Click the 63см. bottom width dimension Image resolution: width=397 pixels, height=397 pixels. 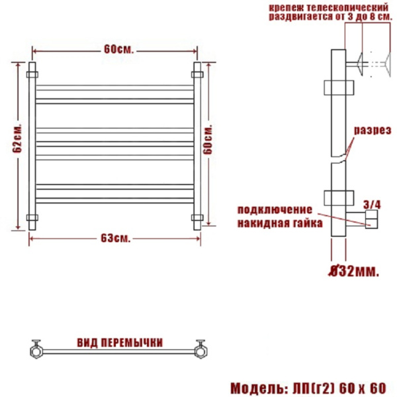[115, 238]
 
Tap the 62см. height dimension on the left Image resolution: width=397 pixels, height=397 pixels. [17, 138]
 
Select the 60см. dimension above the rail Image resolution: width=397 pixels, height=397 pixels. [118, 50]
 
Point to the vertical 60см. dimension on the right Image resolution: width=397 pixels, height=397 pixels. [208, 139]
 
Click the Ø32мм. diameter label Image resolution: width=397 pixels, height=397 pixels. [353, 272]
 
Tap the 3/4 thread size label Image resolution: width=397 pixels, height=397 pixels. [372, 204]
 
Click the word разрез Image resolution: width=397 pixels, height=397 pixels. [373, 130]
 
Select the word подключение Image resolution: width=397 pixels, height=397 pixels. [275, 210]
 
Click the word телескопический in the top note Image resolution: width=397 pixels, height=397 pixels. [347, 7]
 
